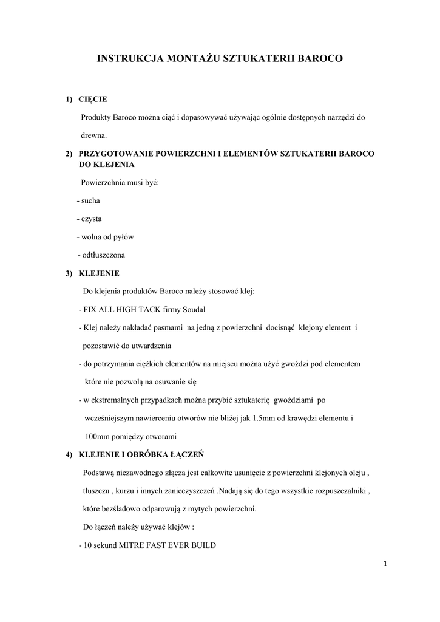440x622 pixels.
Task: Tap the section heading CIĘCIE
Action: [93, 99]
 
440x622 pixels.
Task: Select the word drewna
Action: [93, 135]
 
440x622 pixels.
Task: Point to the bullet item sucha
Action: [91, 200]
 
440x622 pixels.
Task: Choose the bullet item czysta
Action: [92, 219]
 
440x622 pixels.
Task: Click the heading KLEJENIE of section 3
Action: [99, 273]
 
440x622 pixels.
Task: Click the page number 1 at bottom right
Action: [385, 564]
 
